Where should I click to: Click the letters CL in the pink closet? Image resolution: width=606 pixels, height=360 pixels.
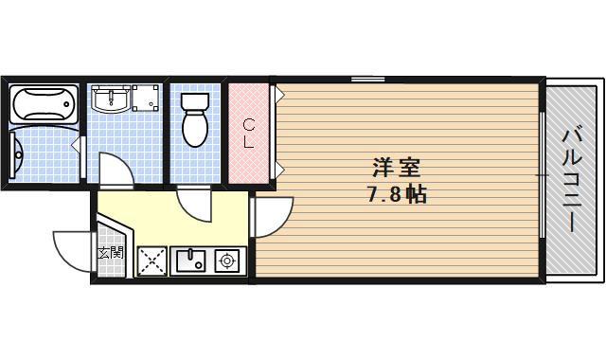tap(248, 133)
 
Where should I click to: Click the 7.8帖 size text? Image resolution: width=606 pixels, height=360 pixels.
tap(396, 196)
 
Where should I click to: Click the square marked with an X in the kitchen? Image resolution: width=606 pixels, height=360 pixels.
tap(152, 261)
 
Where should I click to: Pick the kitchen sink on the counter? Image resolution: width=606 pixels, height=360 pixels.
tap(191, 260)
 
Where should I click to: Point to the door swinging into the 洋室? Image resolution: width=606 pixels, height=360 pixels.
tap(273, 216)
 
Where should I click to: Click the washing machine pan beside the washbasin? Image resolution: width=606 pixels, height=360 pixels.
tap(146, 99)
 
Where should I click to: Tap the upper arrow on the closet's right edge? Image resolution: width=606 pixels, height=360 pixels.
tap(281, 94)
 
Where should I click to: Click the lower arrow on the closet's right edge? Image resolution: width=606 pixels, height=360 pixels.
tap(281, 171)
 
